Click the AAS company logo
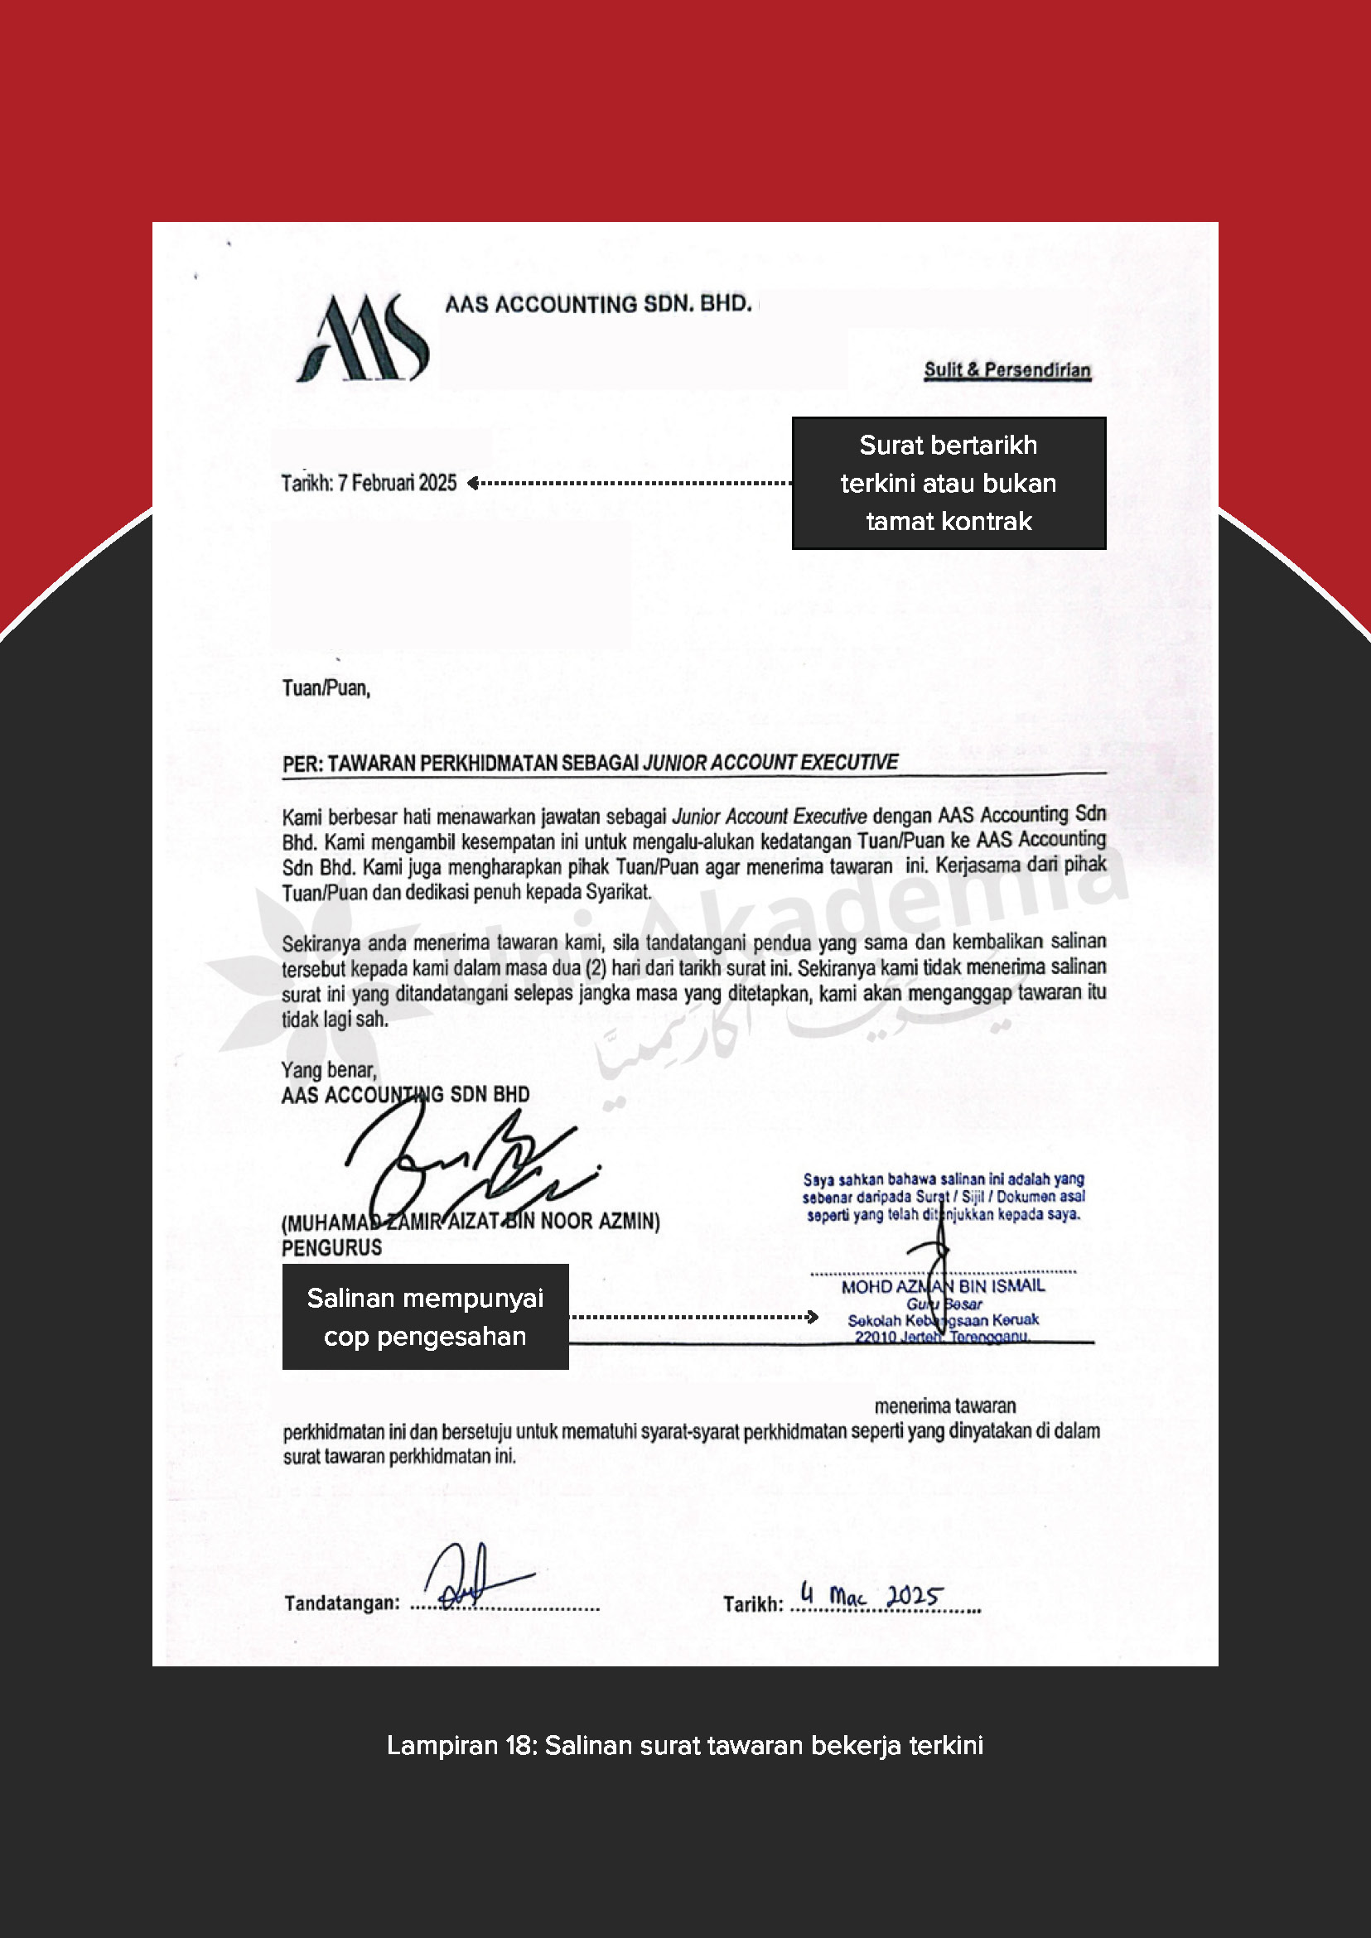363,339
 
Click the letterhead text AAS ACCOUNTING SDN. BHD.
598,304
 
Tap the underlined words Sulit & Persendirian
1007,369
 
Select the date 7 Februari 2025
397,483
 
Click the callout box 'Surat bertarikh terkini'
948,483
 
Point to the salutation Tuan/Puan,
326,688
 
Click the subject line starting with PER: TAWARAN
590,763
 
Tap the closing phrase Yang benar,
328,1069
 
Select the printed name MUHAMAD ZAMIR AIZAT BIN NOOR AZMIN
471,1222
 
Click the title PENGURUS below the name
332,1247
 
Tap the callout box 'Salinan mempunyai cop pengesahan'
425,1316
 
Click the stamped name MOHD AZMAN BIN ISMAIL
942,1286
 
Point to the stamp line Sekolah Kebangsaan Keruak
943,1320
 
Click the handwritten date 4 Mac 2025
870,1596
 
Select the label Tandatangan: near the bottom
342,1603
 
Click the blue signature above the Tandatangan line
473,1575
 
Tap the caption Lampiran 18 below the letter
684,1745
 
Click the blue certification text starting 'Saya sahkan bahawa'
943,1197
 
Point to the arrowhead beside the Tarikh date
473,483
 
